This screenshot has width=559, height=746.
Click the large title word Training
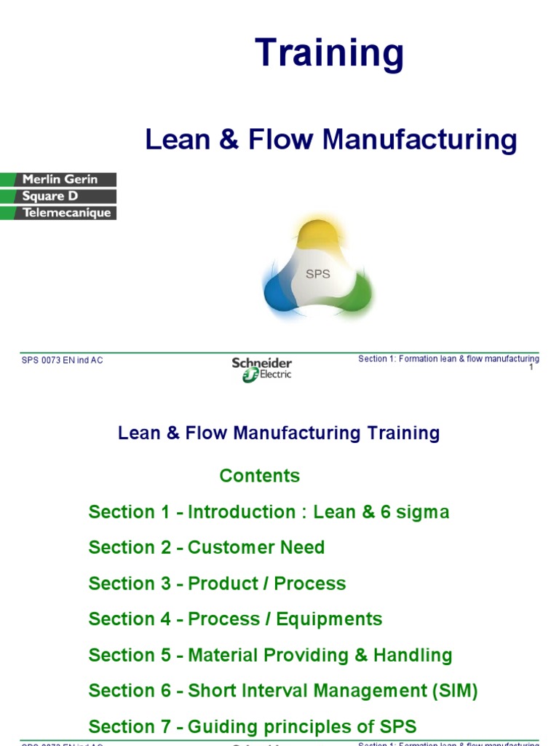[x=329, y=54]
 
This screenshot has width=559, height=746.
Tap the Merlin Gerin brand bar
[x=58, y=179]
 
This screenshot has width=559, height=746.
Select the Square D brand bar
[x=58, y=196]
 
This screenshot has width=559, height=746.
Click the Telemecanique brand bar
[x=58, y=213]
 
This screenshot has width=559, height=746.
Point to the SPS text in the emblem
[x=317, y=275]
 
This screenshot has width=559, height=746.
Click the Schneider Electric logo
[x=262, y=369]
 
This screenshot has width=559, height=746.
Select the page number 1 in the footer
[x=531, y=367]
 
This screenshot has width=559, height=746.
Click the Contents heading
[x=260, y=476]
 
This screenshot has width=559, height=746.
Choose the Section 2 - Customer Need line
[x=207, y=547]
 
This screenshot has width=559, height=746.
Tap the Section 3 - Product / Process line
[x=217, y=584]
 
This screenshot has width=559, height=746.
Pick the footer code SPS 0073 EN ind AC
[x=63, y=361]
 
